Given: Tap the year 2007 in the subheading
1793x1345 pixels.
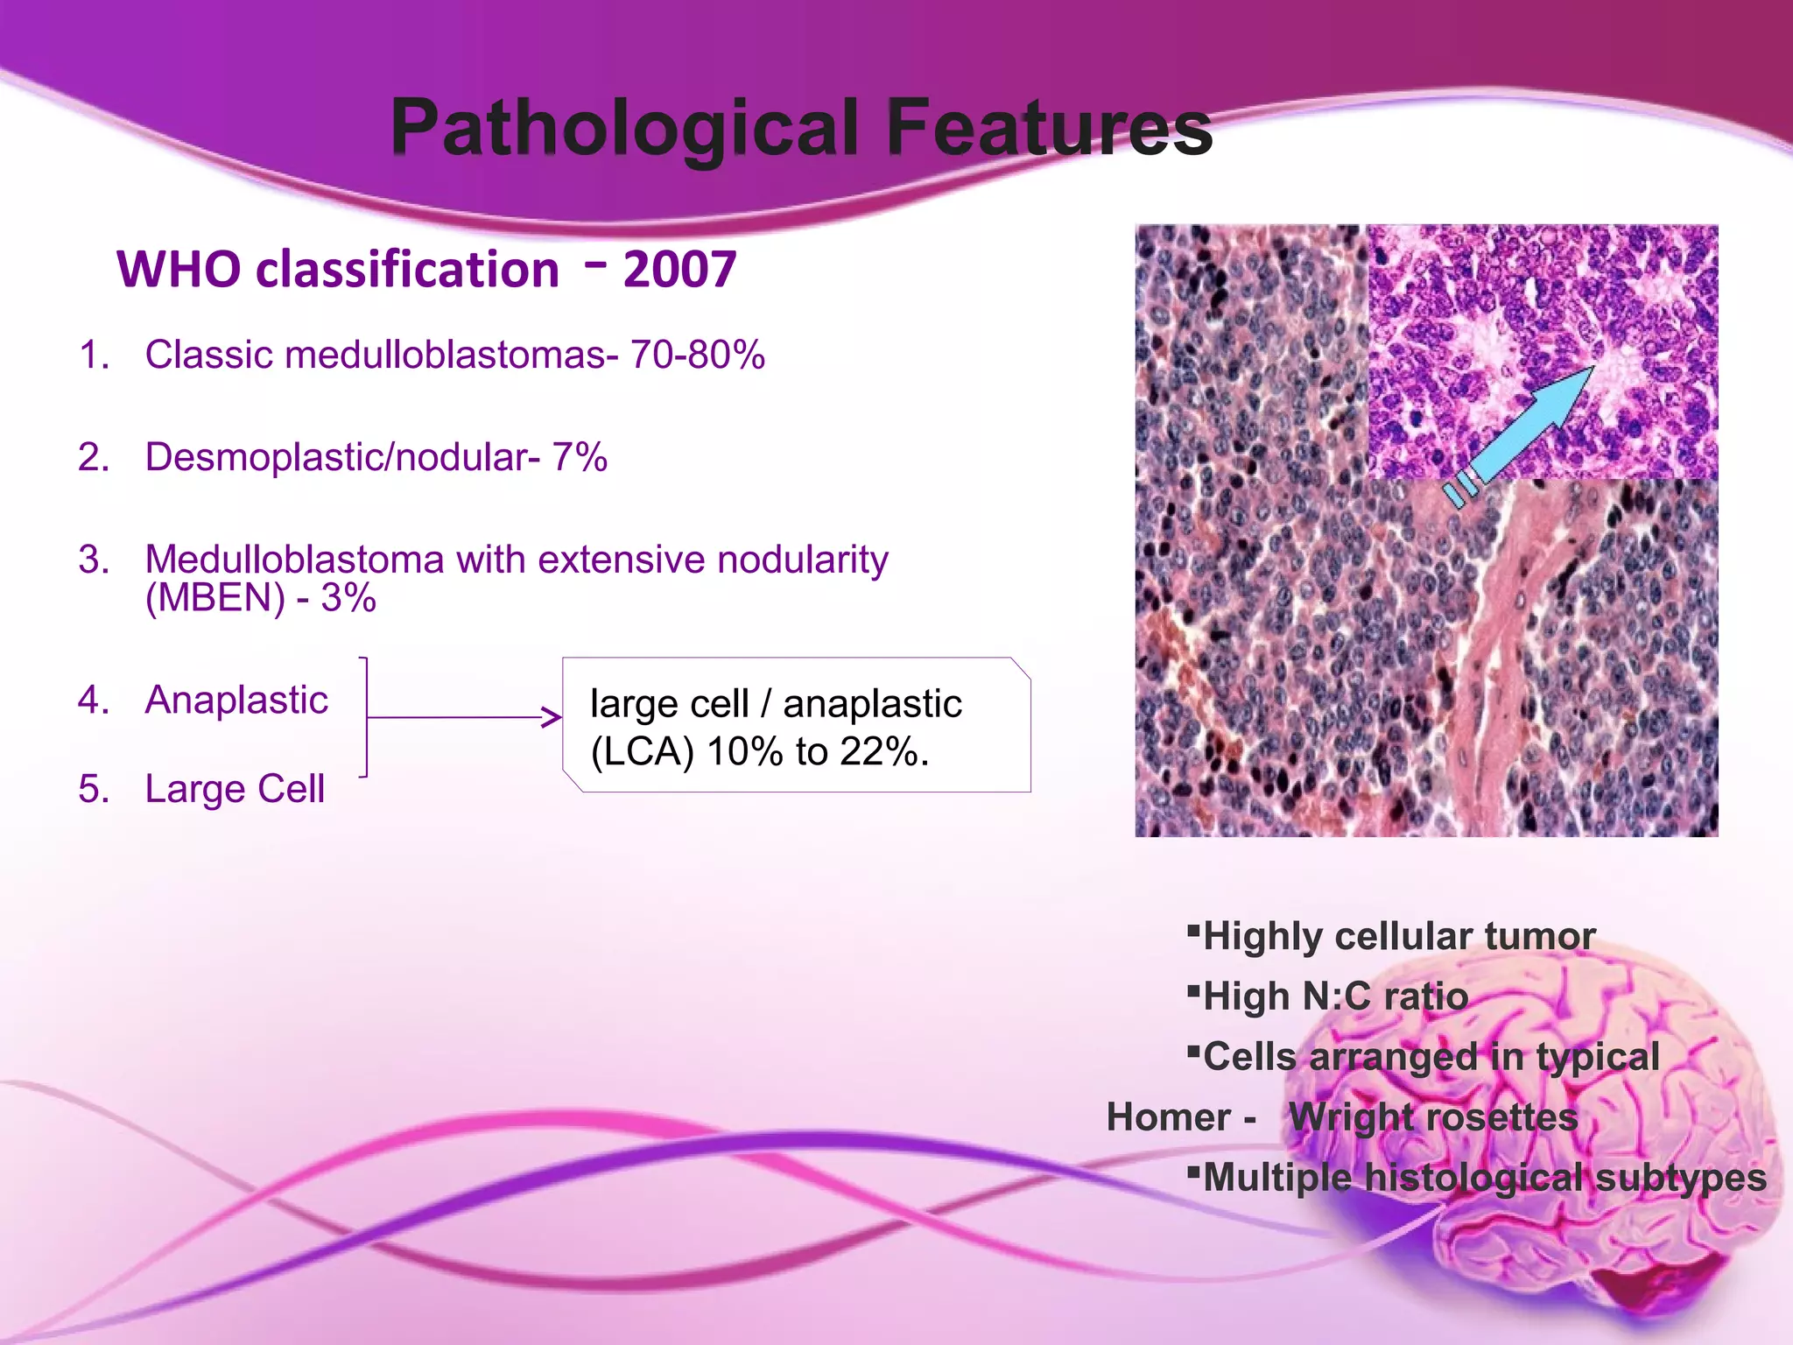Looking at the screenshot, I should coord(679,269).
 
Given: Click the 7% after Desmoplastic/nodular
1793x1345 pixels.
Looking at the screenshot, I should coord(580,457).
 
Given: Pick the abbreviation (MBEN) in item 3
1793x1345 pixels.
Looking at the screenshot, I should coord(215,599).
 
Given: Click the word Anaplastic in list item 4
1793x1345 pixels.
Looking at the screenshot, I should coord(236,700).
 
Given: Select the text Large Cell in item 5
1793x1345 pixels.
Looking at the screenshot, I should coord(235,788).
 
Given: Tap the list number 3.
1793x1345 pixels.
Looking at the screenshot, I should coord(93,560).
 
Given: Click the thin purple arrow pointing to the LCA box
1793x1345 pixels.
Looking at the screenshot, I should coord(464,718).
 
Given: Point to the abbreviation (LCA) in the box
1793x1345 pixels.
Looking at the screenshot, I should coord(643,751).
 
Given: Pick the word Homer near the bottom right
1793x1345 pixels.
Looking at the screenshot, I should coord(1168,1117).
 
